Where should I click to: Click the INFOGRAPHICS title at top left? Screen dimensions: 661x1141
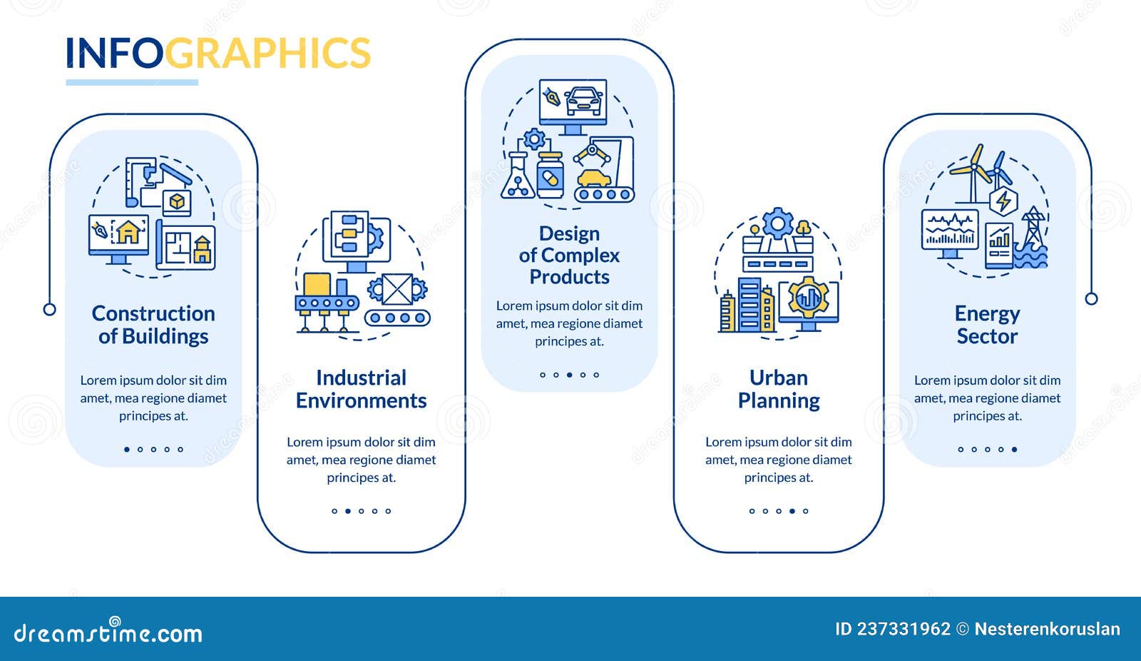(x=218, y=54)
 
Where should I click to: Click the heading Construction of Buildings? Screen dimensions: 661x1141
(x=153, y=325)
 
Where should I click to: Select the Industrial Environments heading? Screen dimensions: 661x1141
(x=361, y=389)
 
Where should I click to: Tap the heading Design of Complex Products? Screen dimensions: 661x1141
(x=569, y=255)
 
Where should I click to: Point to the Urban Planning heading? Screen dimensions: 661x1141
(x=779, y=389)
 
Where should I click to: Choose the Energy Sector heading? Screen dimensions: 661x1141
(x=987, y=325)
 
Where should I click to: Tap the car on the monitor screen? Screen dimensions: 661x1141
(x=583, y=101)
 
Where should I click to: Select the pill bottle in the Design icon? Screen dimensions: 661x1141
(x=550, y=176)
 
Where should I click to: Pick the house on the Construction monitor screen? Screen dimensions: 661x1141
(x=128, y=232)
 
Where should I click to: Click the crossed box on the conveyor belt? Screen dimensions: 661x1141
(x=396, y=289)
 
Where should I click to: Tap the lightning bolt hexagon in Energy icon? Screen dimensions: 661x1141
(x=1003, y=201)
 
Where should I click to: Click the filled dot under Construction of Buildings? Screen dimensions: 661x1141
(x=127, y=450)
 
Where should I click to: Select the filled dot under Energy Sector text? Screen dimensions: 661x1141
(x=1014, y=450)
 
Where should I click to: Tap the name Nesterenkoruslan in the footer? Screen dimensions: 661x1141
(x=1047, y=629)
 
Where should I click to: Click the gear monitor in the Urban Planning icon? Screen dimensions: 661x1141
(x=809, y=301)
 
